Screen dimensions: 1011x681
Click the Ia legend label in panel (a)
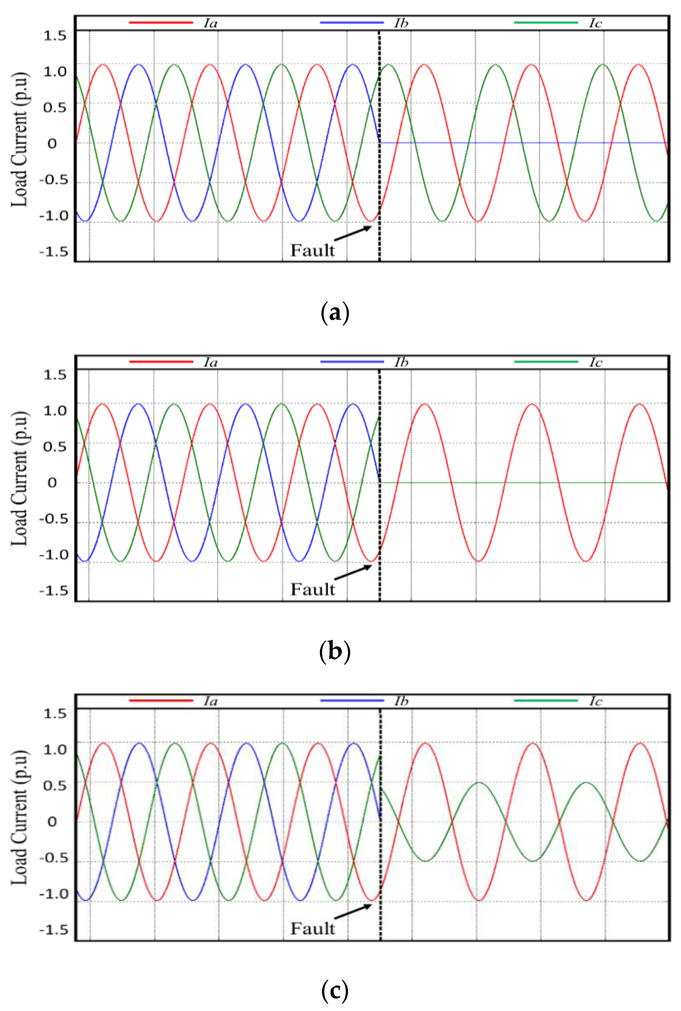point(211,23)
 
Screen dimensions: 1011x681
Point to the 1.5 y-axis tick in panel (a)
point(55,36)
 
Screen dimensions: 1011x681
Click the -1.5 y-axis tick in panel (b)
point(54,591)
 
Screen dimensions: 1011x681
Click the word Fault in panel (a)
point(312,250)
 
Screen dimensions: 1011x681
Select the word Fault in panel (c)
point(312,929)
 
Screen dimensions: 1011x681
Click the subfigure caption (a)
point(335,313)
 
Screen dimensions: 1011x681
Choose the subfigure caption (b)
point(335,652)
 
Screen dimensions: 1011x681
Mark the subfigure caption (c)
point(335,991)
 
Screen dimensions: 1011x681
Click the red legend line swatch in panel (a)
point(161,22)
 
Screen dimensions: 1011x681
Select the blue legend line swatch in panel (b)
point(352,362)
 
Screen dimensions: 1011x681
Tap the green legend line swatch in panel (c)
point(546,701)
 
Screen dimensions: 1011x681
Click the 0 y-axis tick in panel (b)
point(52,483)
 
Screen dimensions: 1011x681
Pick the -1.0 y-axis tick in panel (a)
point(54,216)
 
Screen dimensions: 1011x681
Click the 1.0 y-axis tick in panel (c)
point(55,749)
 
